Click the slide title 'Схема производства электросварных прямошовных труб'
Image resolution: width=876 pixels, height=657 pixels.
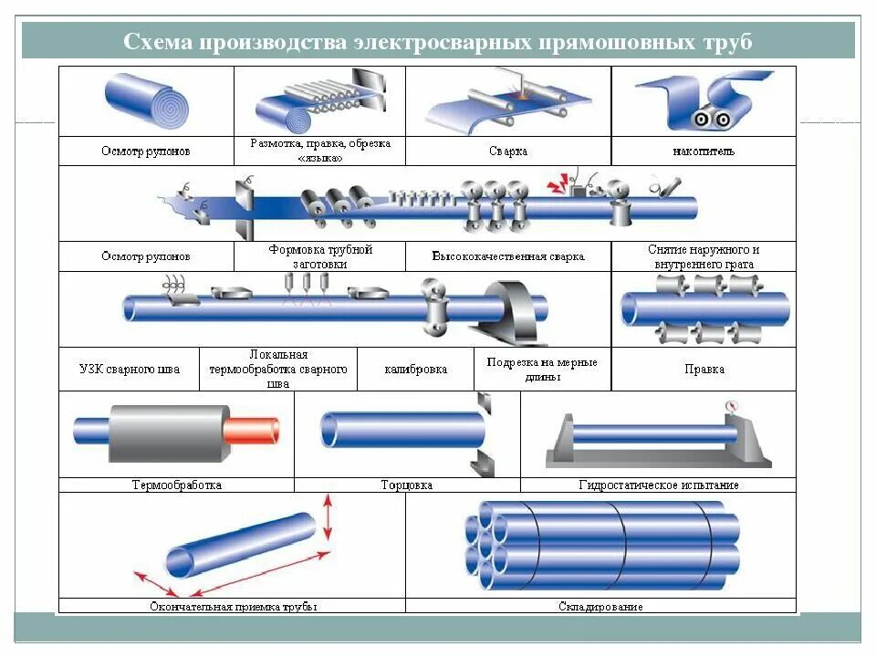[438, 42]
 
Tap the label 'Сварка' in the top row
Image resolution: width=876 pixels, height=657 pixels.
[507, 151]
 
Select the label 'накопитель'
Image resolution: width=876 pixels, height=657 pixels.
[704, 151]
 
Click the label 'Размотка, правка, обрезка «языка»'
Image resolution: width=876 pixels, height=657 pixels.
[320, 151]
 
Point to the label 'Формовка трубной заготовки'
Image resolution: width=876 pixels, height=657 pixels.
[320, 256]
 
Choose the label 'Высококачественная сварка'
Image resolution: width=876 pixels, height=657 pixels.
[507, 256]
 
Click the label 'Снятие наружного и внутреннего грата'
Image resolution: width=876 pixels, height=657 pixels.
[704, 256]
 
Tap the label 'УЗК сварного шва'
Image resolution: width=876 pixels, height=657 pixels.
[130, 370]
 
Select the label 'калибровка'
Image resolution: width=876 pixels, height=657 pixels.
[415, 370]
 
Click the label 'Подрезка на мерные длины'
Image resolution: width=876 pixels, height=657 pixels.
[542, 369]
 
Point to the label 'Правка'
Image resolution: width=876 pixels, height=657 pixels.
[704, 370]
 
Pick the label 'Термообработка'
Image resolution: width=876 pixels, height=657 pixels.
[176, 485]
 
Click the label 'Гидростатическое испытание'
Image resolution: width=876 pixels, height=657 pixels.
[658, 485]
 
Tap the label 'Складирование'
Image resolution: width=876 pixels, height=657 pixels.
[600, 606]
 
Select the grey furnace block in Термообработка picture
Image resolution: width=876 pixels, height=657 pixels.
[169, 433]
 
